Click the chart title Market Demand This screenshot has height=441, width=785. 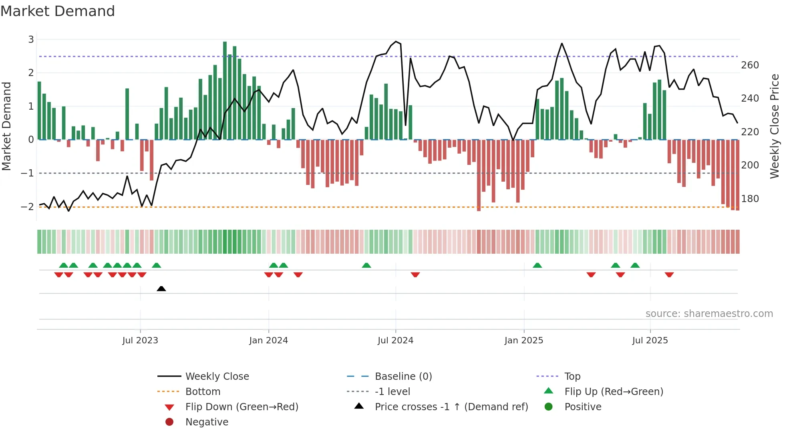(x=58, y=11)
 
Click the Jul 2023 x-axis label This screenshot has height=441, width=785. (x=140, y=341)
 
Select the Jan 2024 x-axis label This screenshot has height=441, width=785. (x=268, y=341)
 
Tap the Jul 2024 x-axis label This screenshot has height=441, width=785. (x=395, y=341)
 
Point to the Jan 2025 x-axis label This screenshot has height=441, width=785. (x=523, y=341)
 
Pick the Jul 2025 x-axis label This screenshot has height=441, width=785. (x=650, y=341)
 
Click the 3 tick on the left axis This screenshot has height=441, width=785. (x=31, y=40)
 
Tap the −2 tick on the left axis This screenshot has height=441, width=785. (x=28, y=207)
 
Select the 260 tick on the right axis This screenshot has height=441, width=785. (x=750, y=65)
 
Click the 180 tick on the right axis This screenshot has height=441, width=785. (x=750, y=199)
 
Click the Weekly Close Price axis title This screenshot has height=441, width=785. (x=775, y=126)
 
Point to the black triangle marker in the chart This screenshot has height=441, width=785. (x=161, y=289)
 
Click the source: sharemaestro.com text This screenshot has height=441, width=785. (x=709, y=314)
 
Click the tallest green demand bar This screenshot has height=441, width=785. (x=225, y=90)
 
